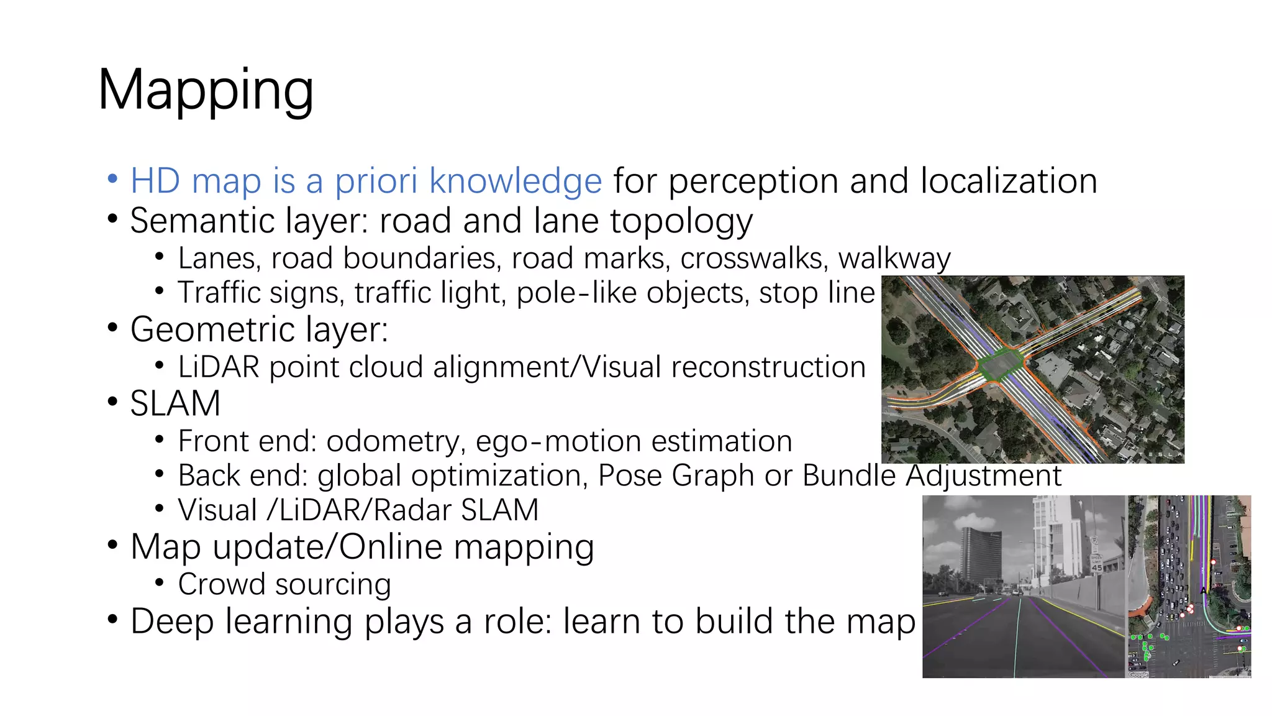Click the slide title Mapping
click(206, 91)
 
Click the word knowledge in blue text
click(516, 181)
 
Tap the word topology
click(681, 221)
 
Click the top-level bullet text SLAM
click(175, 403)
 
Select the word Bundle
click(848, 475)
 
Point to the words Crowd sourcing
click(284, 584)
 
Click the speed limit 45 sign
click(1096, 563)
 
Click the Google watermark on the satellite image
click(1138, 674)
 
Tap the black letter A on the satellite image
click(1203, 590)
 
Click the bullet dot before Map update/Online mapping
click(112, 545)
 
